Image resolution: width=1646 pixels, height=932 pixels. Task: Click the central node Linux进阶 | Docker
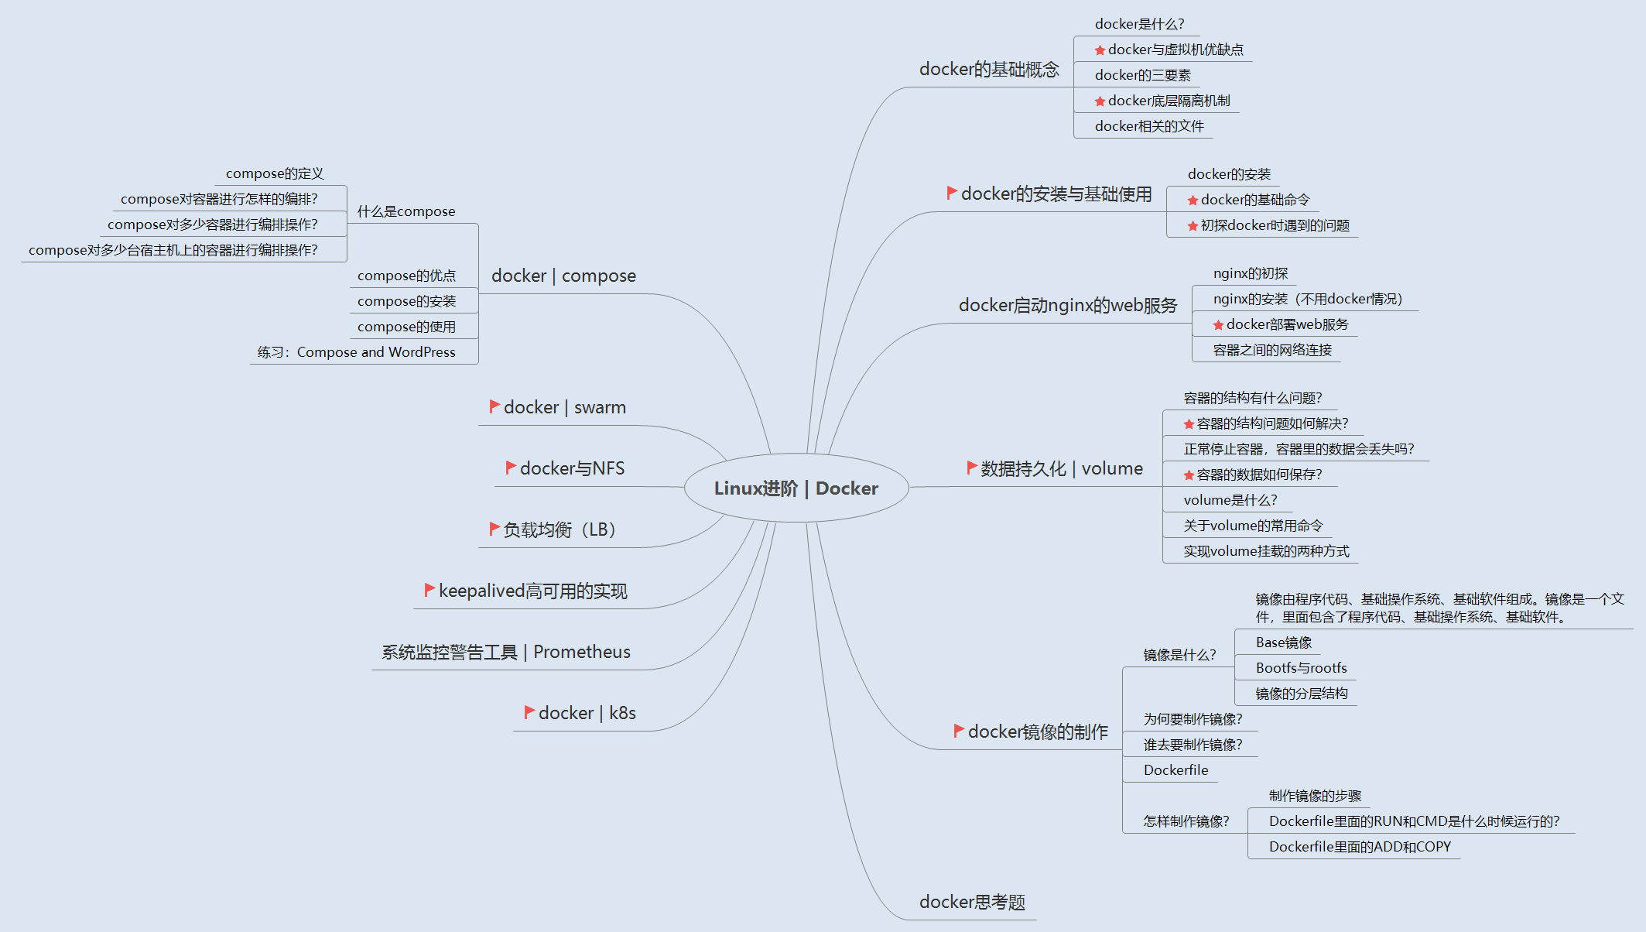point(796,488)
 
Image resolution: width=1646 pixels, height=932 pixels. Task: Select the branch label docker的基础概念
point(989,70)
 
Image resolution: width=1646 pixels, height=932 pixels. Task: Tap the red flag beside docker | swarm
point(494,406)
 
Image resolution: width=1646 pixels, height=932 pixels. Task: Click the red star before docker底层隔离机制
point(1100,101)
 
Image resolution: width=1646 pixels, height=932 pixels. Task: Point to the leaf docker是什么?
point(1139,24)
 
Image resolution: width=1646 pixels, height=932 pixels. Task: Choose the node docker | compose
point(563,276)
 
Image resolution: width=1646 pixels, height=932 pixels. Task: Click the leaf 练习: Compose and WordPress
point(357,352)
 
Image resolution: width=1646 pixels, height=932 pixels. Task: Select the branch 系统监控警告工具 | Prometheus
point(506,652)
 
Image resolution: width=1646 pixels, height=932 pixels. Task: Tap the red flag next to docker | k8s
point(529,711)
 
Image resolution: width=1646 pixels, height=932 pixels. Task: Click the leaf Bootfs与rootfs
point(1301,668)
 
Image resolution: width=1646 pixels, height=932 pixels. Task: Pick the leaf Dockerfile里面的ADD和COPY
point(1360,847)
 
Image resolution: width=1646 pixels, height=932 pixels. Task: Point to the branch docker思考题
point(972,902)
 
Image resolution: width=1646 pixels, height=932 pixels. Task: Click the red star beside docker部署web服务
point(1218,325)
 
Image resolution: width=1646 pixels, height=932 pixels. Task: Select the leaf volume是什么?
point(1230,500)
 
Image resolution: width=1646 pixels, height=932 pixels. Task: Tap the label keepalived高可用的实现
point(532,591)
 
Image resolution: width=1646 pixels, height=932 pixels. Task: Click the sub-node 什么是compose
point(406,211)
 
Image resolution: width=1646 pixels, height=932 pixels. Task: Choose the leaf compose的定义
point(275,173)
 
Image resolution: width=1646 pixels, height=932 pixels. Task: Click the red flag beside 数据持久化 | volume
point(972,467)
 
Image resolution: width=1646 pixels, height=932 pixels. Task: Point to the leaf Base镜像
point(1284,642)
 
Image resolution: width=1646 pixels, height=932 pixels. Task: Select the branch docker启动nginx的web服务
point(1068,306)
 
